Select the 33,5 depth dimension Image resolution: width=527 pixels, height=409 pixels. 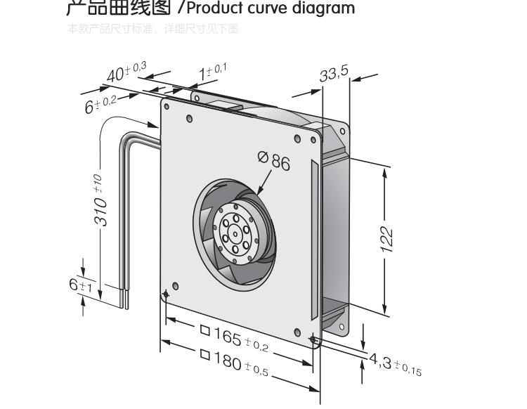click(x=334, y=74)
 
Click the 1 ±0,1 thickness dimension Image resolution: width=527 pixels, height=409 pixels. click(x=207, y=71)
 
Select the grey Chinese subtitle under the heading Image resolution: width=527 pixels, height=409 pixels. click(x=152, y=29)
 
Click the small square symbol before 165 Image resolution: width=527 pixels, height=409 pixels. click(x=205, y=328)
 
